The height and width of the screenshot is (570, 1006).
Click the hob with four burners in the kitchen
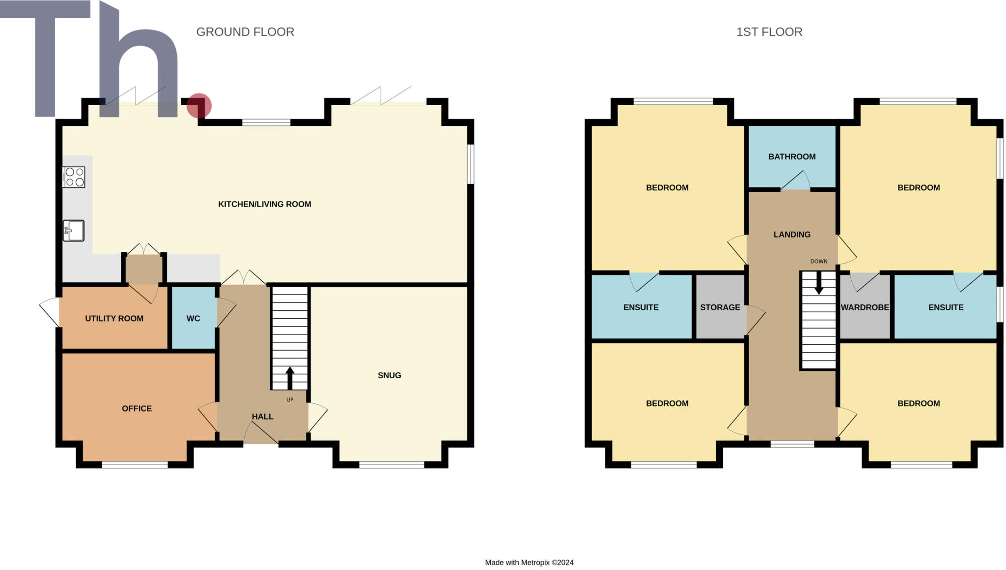coord(74,177)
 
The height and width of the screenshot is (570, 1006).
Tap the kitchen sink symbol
coord(74,231)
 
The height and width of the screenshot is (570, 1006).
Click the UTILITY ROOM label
coord(114,319)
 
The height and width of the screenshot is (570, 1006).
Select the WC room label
coord(193,319)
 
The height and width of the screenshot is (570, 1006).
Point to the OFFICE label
coord(137,409)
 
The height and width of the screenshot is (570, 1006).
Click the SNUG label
coord(389,376)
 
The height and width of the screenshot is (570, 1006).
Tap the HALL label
coord(262,417)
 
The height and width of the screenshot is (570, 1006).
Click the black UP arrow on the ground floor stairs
coord(290,378)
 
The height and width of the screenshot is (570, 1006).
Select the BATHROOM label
coord(792,157)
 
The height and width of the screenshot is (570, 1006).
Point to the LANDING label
coord(792,235)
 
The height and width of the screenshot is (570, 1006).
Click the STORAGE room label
coord(720,307)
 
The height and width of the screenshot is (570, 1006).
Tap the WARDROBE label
coord(865,307)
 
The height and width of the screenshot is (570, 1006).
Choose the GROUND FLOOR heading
coord(245,32)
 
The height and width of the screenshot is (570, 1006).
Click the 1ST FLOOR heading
coord(769,32)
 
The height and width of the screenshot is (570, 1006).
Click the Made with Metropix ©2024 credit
coord(529,563)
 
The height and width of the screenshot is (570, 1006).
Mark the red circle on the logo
coord(199,106)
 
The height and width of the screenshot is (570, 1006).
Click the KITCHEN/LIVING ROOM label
coord(264,204)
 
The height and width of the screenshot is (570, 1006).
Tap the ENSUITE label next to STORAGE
coord(641,307)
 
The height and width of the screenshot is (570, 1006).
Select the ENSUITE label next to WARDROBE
coord(946,307)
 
